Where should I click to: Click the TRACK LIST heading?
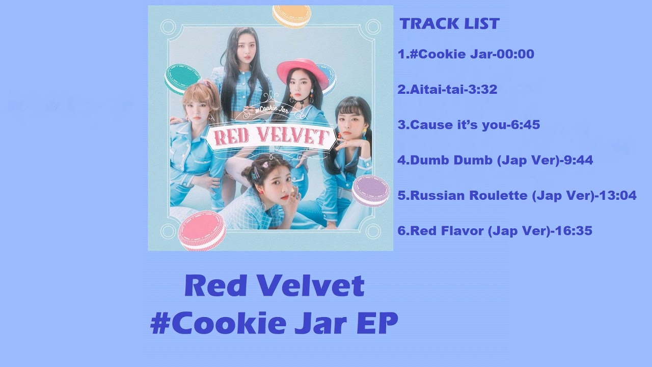(449, 23)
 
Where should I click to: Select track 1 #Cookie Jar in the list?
(466, 54)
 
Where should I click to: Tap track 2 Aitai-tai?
(447, 90)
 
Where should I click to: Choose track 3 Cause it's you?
(468, 125)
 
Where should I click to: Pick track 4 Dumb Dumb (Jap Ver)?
(495, 160)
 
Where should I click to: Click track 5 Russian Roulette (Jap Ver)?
(517, 195)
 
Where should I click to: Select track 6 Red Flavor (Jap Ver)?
(494, 231)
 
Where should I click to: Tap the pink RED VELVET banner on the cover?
(271, 136)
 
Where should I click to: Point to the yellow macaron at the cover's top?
(291, 16)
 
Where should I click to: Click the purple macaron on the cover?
(371, 190)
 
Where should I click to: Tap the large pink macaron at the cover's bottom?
(202, 230)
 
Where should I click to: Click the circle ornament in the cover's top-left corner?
(168, 27)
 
